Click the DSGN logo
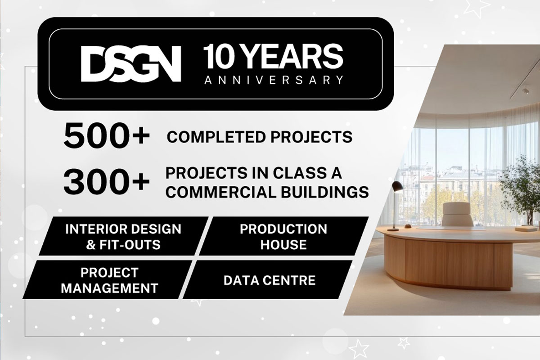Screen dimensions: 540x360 tap(131, 64)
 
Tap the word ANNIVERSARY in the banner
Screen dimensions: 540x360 tap(274, 80)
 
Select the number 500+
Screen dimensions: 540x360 tap(106, 136)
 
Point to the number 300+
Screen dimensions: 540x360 tap(106, 182)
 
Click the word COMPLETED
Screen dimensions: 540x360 tap(216, 137)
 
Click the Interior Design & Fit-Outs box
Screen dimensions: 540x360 tap(123, 236)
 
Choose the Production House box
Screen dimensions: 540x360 tap(284, 236)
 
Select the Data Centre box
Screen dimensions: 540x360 tap(268, 280)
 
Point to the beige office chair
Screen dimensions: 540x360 tap(457, 214)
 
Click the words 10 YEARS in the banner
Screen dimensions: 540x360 tap(273, 57)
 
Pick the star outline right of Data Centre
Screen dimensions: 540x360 tap(359, 349)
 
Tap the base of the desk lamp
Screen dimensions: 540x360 tap(395, 228)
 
